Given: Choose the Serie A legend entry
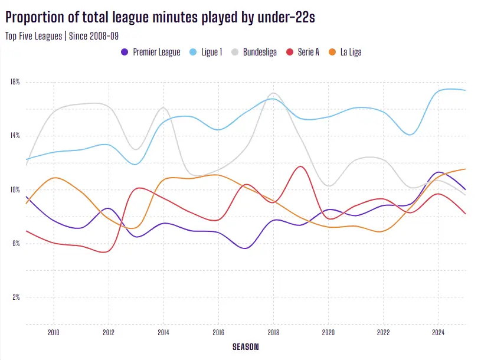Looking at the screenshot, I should coord(307,52).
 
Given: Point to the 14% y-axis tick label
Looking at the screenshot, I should coord(15,136).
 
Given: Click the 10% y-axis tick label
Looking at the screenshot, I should coord(15,190).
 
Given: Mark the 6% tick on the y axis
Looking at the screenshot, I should coord(15,244).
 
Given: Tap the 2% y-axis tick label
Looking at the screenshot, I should coord(15,297).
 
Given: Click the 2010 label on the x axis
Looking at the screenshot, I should coord(53,332).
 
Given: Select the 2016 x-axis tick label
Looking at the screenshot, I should coord(218,332).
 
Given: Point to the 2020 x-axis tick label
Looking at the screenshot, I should coord(328,332).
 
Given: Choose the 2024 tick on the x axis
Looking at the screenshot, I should coord(439,332).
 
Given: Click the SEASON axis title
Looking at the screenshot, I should coord(246,346).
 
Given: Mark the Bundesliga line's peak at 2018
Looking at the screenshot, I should coord(274,93).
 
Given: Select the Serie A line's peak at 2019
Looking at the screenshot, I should coord(301,166).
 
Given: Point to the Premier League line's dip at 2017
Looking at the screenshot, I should coord(246,248).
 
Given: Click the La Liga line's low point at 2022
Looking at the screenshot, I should coord(383,231).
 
